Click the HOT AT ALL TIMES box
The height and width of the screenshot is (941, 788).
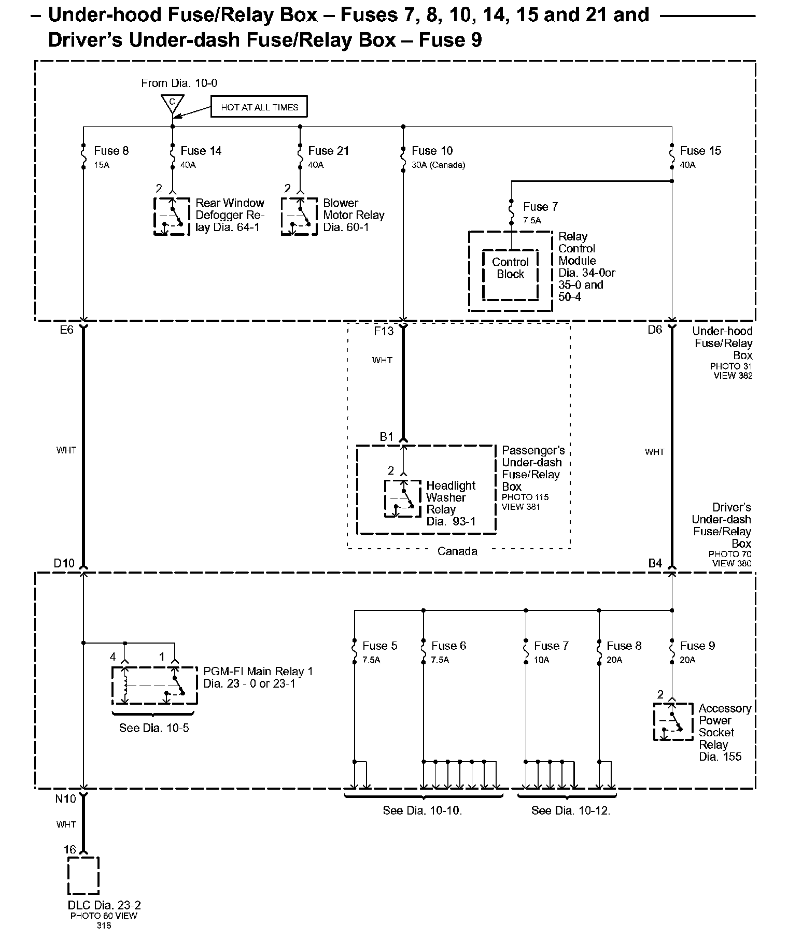point(259,107)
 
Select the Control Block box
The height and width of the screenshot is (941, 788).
point(510,275)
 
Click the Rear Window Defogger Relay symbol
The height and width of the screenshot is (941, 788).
point(172,216)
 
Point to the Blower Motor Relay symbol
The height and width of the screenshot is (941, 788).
point(299,216)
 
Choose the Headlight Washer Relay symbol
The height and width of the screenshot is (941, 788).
point(402,498)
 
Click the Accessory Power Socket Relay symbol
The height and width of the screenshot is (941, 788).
point(673,721)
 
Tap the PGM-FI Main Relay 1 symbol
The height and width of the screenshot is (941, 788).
point(154,685)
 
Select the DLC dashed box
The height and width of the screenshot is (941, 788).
point(83,875)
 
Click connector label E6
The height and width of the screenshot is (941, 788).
point(67,330)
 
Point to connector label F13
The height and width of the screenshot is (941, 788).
point(384,331)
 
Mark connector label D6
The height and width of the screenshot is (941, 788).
point(655,330)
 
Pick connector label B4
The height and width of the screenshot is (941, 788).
point(655,563)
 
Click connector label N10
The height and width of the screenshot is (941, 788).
point(65,799)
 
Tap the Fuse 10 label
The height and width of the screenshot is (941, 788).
point(432,151)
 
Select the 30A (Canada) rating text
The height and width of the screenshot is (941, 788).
point(438,165)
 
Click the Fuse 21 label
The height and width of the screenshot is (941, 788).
point(328,151)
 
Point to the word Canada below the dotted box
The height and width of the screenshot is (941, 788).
point(457,551)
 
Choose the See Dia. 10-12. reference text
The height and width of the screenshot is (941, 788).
point(571,810)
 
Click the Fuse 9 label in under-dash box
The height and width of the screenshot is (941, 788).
point(697,646)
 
